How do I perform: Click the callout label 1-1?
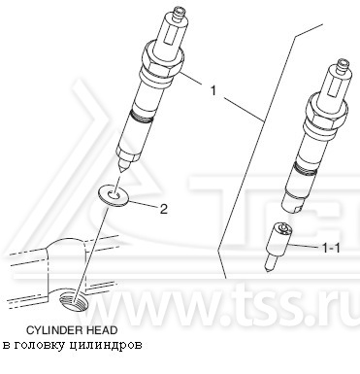pyautogui.click(x=330, y=249)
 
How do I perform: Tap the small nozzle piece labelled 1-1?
pyautogui.click(x=281, y=237)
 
